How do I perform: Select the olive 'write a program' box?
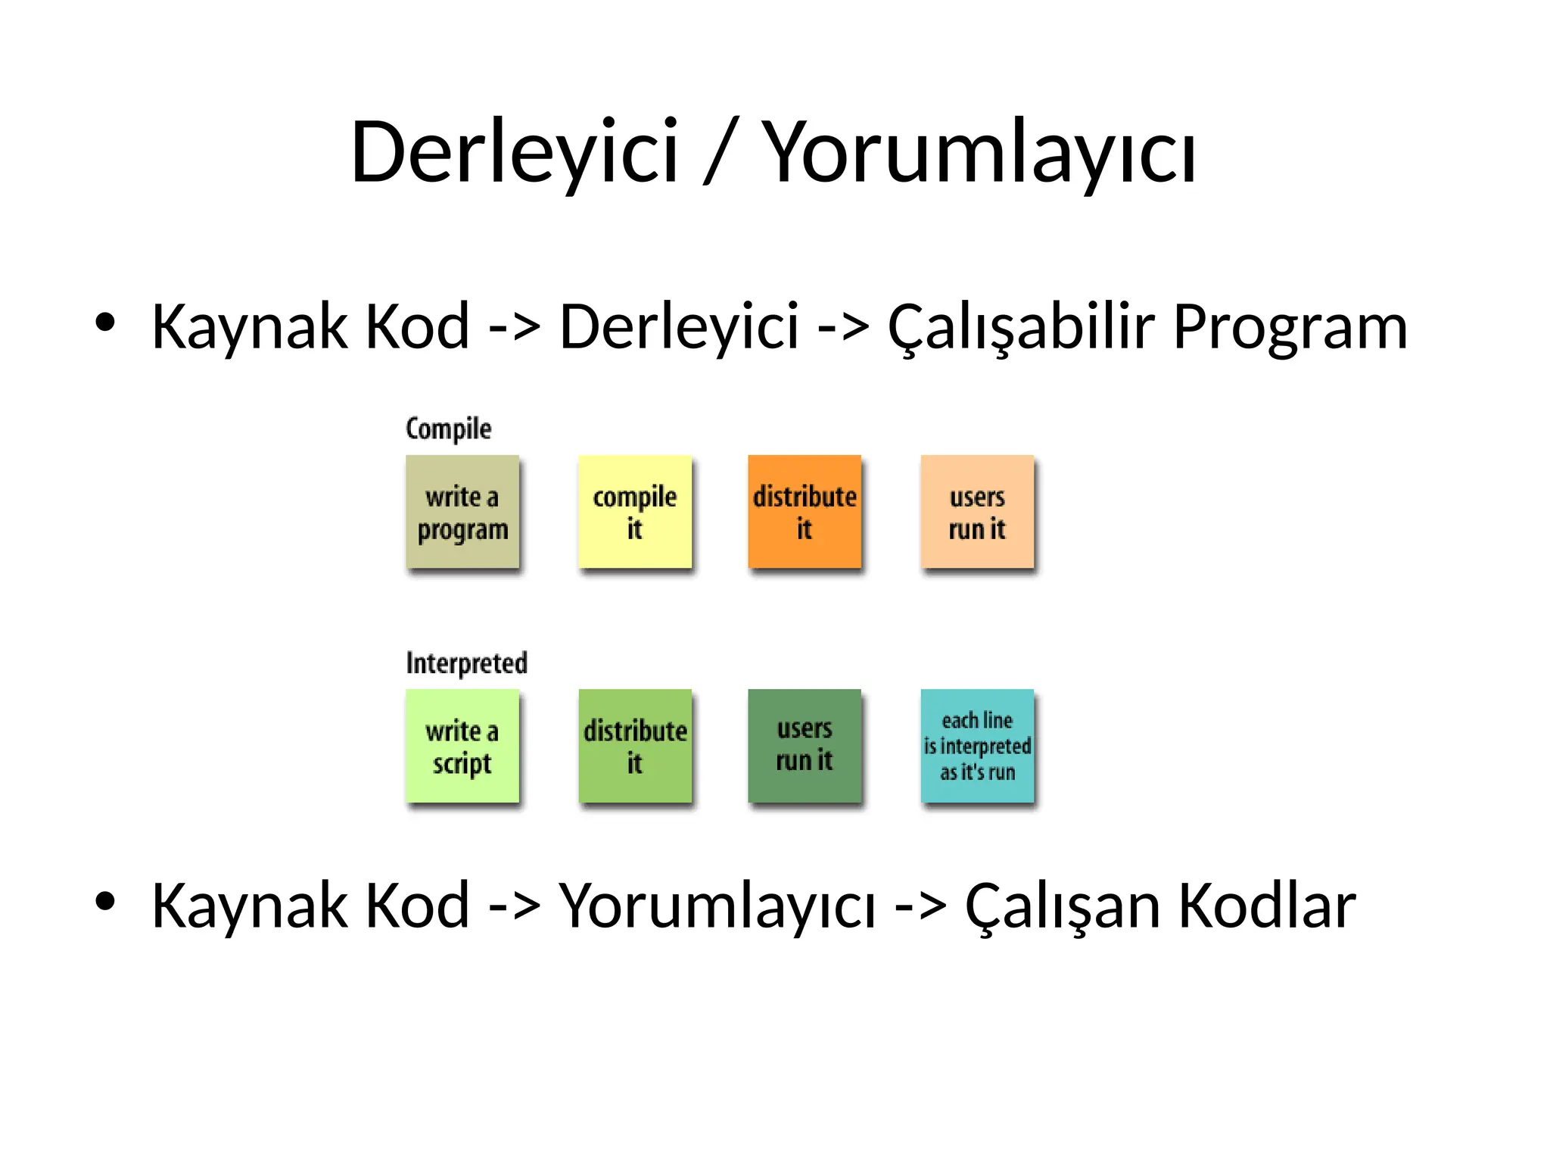pos(462,512)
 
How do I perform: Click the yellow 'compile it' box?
pos(635,512)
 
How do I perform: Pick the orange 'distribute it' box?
pos(805,512)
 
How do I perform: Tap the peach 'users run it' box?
pos(977,512)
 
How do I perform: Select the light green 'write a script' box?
pos(462,746)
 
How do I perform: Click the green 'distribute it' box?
pos(635,746)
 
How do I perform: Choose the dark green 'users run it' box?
pos(805,746)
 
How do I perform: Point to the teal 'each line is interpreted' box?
pos(977,746)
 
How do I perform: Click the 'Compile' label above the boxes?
pos(448,429)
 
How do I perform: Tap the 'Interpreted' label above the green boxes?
pos(466,663)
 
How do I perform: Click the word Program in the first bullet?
pos(1290,327)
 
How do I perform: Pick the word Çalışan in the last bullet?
pos(1063,906)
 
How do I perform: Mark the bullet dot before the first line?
pos(105,322)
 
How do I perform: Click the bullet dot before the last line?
pos(105,901)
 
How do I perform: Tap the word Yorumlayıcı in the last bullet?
pos(717,906)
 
